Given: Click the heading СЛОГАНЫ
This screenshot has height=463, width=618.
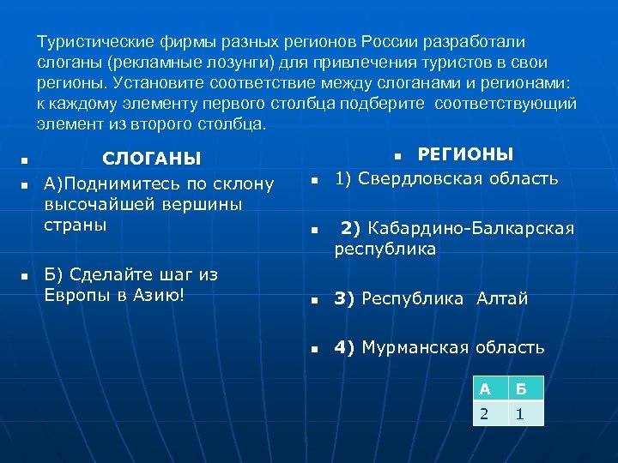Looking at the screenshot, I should tap(151, 159).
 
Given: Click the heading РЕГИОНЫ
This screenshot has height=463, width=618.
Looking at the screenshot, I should tap(465, 154).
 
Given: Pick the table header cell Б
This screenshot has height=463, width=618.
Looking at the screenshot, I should tap(525, 388).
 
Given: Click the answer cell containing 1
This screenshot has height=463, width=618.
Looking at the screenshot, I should tap(525, 413).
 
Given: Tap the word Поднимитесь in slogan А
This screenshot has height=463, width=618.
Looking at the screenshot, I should tap(118, 184).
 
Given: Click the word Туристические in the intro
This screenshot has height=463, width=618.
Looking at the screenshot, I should tap(97, 42).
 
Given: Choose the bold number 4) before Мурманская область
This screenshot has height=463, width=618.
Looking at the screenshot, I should tap(345, 347).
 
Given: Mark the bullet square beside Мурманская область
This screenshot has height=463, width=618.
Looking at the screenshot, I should tap(315, 349).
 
